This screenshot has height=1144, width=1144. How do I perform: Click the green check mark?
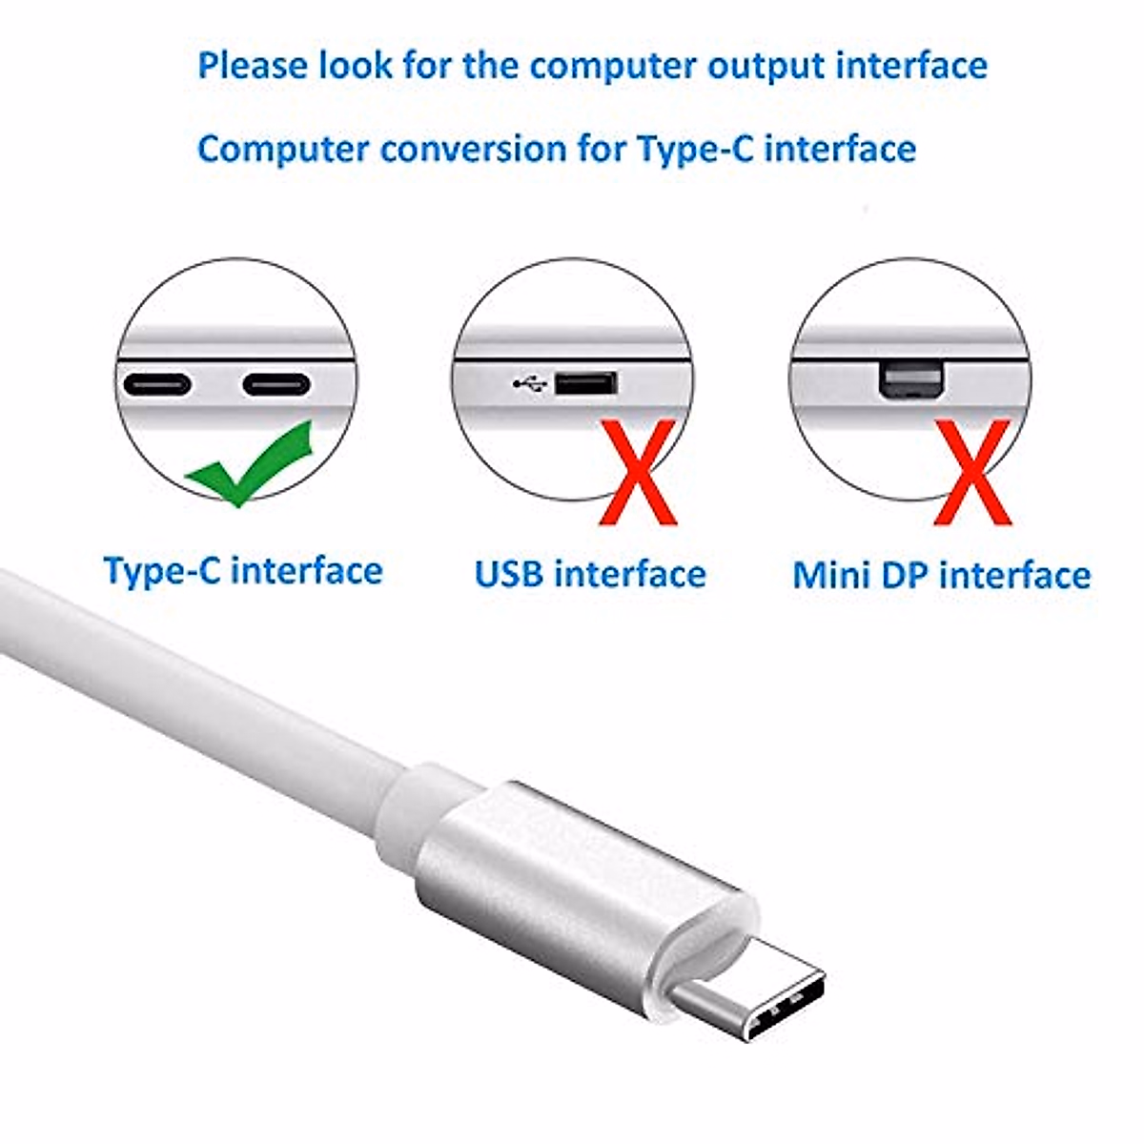click(x=250, y=465)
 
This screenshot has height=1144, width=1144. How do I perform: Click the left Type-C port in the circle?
click(x=157, y=385)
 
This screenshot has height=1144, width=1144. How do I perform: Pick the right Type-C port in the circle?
click(x=276, y=385)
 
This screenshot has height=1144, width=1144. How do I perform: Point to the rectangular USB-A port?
click(x=585, y=384)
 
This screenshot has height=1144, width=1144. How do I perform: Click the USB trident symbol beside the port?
click(x=529, y=384)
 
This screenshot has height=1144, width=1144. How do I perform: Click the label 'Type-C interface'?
click(x=243, y=571)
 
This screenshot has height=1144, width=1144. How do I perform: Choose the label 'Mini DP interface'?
click(x=941, y=576)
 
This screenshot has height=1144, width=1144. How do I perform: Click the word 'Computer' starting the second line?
click(x=284, y=150)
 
